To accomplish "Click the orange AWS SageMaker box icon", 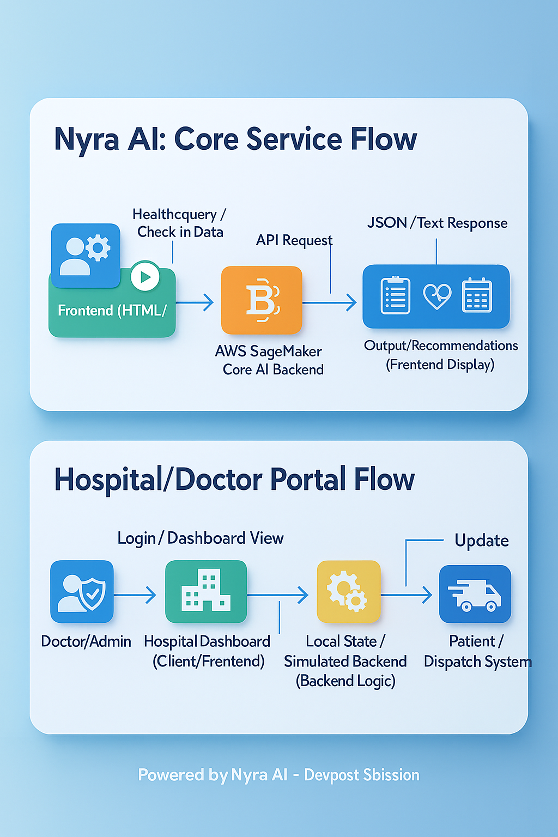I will (x=262, y=300).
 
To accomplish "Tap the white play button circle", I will (x=145, y=276).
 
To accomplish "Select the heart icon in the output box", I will (x=437, y=296).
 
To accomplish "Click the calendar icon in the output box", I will (x=477, y=295).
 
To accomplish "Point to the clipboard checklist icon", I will (x=395, y=295).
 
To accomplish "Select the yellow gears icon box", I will (x=349, y=592).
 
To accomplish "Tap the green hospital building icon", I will (x=206, y=592).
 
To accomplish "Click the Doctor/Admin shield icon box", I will (x=82, y=592).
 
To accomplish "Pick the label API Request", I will (x=294, y=240).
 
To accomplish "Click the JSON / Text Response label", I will (x=437, y=223).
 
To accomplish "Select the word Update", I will (x=482, y=541).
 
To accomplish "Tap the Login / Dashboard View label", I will (x=201, y=538).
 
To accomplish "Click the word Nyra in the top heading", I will (x=87, y=139).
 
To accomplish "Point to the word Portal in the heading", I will (x=308, y=480).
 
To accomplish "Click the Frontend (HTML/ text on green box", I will (x=112, y=311).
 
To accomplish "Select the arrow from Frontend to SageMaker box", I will (x=195, y=302).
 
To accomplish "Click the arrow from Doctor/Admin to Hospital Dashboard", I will (x=135, y=595).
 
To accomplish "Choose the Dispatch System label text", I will (x=477, y=662).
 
